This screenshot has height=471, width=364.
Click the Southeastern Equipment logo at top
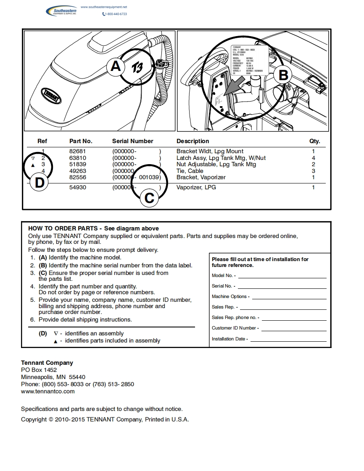[61, 11]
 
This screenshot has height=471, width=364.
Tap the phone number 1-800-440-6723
[115, 14]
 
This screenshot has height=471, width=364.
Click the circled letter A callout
[116, 67]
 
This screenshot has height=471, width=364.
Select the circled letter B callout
[283, 75]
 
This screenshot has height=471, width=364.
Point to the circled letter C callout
[149, 197]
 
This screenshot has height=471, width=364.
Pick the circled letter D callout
[40, 183]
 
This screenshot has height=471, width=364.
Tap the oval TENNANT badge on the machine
[51, 96]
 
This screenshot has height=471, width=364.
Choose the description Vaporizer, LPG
[196, 187]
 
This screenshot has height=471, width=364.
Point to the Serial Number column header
[132, 141]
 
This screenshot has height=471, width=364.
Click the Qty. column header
[314, 141]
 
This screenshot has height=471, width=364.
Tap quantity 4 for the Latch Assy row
[314, 158]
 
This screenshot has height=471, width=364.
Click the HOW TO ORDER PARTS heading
[63, 228]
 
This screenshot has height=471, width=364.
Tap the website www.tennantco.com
[48, 391]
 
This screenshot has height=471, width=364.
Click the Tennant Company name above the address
[47, 363]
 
